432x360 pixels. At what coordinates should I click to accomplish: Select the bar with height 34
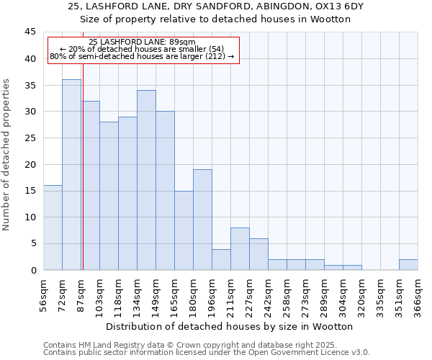click(146, 180)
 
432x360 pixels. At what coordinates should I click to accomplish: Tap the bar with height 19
click(202, 220)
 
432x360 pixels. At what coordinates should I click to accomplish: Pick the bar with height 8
click(240, 248)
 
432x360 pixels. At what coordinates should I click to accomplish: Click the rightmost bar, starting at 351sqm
click(408, 264)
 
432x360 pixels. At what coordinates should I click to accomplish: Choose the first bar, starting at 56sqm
click(53, 228)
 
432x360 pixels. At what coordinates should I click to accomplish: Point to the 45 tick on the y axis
click(30, 32)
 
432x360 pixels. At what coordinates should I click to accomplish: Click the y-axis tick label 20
click(30, 164)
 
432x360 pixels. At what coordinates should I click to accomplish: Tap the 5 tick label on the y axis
click(33, 243)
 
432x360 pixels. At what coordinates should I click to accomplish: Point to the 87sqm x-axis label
click(81, 294)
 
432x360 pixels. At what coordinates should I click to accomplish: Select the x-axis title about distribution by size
click(234, 326)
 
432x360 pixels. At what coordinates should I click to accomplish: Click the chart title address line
click(216, 6)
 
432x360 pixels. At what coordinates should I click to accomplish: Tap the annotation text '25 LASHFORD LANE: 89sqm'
click(142, 42)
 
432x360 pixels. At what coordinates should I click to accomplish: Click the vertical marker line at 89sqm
click(83, 180)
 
